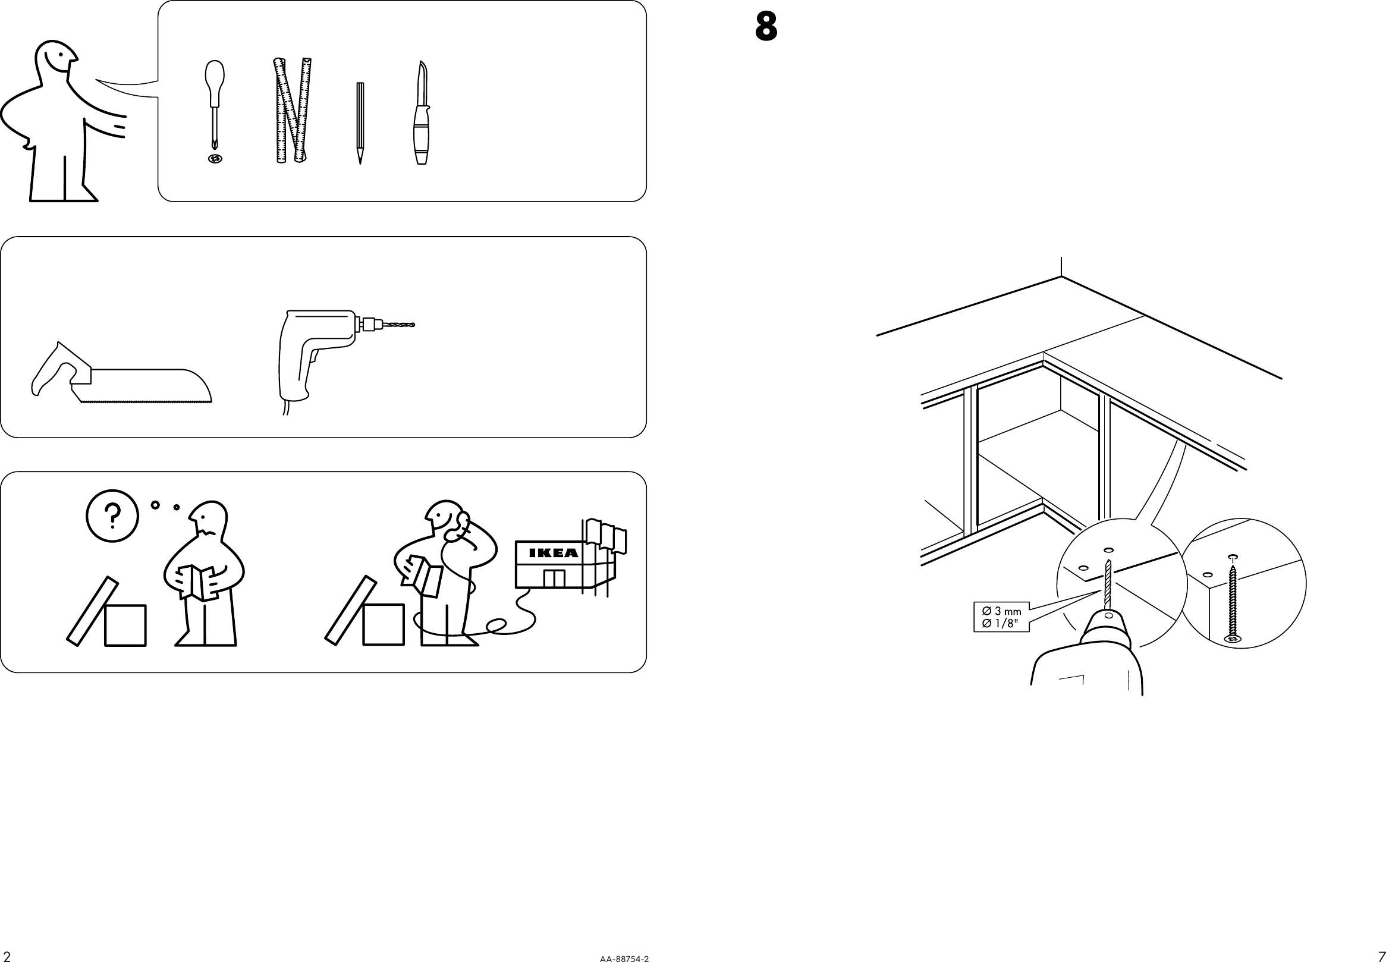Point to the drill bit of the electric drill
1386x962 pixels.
point(397,325)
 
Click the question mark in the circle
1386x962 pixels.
point(113,516)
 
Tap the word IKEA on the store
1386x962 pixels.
point(553,553)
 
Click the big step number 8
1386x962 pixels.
point(766,28)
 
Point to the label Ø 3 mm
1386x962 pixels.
point(1001,611)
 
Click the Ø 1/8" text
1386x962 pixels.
point(999,624)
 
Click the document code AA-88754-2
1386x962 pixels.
point(624,958)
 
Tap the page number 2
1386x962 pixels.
point(7,956)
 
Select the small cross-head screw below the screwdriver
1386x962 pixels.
point(215,159)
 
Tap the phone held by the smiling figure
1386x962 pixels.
point(463,520)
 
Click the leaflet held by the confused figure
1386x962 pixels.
point(198,581)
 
